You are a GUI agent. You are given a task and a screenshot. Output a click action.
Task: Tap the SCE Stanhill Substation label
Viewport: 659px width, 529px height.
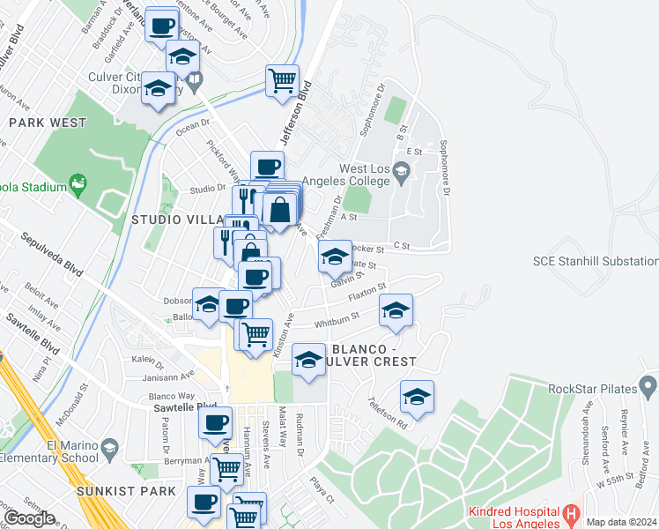coord(596,261)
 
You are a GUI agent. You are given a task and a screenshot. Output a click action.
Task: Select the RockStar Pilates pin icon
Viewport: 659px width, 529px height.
coord(648,385)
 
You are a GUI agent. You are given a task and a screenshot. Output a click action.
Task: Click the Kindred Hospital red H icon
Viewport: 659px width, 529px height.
coord(570,512)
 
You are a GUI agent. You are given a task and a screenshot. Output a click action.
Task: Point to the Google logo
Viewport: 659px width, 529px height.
coord(29,518)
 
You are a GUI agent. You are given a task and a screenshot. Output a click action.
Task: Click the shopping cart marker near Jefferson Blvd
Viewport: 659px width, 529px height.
coord(282,81)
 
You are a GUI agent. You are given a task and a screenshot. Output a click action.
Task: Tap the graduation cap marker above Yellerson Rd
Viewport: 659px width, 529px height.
coord(417,397)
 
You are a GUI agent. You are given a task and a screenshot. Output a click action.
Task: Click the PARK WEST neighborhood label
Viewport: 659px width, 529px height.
coord(48,123)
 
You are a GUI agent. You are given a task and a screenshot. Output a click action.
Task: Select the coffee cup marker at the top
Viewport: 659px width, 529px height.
coord(160,26)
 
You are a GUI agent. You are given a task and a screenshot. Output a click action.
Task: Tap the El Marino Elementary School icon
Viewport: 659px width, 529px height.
coord(109,448)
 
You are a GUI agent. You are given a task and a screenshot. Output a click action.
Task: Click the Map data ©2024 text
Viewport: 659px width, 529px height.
coord(622,522)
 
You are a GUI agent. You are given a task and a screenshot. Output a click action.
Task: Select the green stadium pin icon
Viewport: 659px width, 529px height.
coord(79,184)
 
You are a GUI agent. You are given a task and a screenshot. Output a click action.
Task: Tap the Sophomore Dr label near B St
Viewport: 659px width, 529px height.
coord(445,168)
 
